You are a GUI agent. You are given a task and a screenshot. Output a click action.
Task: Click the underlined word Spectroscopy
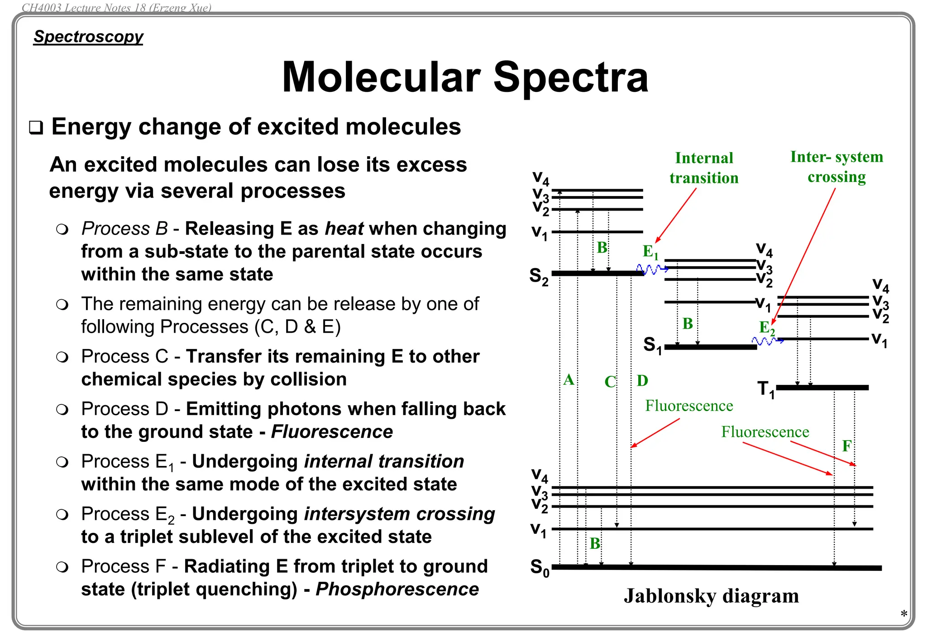tap(89, 37)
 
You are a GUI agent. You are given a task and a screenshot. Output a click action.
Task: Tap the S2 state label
tap(539, 276)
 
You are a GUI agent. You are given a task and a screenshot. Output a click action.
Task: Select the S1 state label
tap(653, 345)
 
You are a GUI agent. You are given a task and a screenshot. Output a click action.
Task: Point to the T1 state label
tap(766, 389)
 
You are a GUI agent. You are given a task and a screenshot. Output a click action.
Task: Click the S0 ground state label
tap(540, 568)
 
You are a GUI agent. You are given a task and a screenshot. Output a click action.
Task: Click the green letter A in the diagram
tap(569, 380)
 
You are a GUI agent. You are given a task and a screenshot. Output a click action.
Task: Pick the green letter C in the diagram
tap(610, 382)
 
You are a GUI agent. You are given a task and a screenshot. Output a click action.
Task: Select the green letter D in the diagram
tap(642, 381)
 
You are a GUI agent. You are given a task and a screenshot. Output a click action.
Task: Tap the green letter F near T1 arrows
tap(846, 446)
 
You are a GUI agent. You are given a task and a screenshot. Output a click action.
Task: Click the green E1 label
tap(650, 252)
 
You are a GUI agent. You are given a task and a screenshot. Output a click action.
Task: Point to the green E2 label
tap(767, 328)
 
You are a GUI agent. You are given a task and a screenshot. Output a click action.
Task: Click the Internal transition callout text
tap(704, 168)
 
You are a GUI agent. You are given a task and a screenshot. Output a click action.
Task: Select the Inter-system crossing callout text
tap(836, 167)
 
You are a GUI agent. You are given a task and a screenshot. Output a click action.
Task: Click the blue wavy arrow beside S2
tap(652, 270)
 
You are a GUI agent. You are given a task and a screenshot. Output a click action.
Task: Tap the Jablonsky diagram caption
tap(711, 596)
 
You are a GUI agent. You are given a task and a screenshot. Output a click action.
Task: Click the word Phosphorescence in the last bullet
tap(397, 589)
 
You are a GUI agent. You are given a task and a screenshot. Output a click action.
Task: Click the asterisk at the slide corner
tap(903, 614)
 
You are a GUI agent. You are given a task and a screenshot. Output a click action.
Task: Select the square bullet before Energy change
tap(36, 128)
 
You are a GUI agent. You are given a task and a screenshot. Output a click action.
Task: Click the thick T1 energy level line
tap(822, 388)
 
